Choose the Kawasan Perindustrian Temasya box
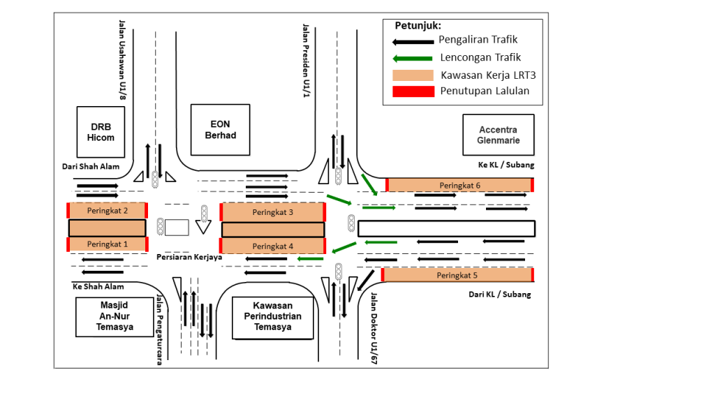(x=273, y=317)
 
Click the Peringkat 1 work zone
(x=108, y=244)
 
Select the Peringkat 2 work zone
(x=108, y=210)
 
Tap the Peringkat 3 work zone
(x=272, y=211)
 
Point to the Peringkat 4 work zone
(x=272, y=246)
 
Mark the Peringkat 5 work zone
(x=457, y=275)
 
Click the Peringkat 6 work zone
(x=459, y=185)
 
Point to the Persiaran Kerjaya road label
(x=189, y=257)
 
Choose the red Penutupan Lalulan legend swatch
(x=413, y=91)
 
